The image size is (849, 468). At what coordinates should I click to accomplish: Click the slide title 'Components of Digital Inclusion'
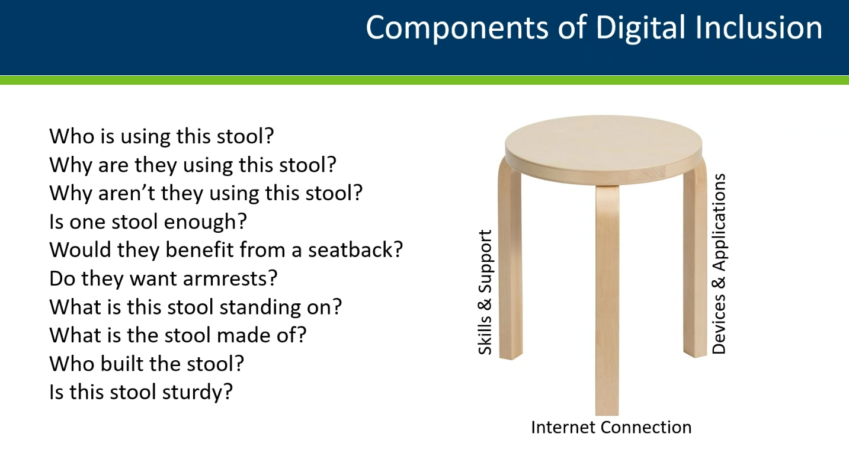click(594, 28)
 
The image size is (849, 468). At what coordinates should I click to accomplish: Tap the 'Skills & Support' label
click(485, 292)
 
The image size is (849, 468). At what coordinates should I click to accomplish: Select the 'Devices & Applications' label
click(719, 264)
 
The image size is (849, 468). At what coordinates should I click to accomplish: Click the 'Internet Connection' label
click(611, 427)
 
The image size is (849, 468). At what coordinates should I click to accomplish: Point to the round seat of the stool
click(603, 150)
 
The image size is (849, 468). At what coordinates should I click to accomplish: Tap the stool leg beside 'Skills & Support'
click(511, 261)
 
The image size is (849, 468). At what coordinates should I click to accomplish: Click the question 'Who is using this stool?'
click(162, 136)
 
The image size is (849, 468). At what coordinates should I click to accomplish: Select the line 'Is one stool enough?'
click(148, 222)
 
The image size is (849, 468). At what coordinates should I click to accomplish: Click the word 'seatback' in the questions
click(351, 250)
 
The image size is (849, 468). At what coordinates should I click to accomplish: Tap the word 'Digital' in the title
click(640, 28)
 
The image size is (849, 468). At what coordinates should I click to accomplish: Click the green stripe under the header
click(424, 80)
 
